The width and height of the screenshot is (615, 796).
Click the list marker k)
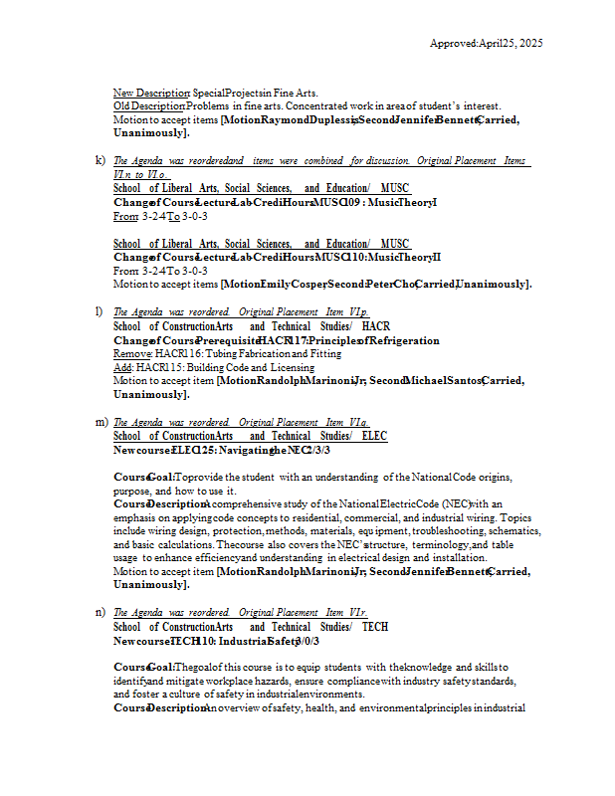coord(101,160)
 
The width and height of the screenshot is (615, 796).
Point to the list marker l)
coord(100,312)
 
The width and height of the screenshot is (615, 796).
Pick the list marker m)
coord(102,422)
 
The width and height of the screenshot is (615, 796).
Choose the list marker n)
coord(101,612)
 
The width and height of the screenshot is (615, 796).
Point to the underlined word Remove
coord(131,353)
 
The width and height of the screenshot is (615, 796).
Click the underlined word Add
coord(122,367)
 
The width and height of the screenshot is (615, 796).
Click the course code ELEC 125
coord(197,450)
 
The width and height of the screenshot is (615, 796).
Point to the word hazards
coord(271,682)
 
